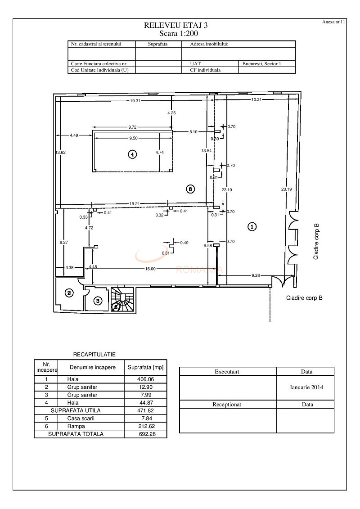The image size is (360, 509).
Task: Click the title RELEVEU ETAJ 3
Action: pos(179,26)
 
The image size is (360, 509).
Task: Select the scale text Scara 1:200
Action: pos(179,33)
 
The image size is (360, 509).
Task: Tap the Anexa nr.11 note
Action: pos(333,21)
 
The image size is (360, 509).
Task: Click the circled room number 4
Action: pos(132,154)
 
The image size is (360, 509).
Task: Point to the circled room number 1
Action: pos(252,227)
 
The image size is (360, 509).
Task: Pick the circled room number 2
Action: pos(69,293)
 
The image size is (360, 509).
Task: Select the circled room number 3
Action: pos(98,300)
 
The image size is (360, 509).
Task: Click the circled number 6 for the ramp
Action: pos(190,189)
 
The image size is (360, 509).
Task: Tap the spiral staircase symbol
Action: pos(122,300)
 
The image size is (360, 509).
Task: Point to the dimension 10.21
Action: pos(256,99)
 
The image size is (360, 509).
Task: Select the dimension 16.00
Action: pos(150,269)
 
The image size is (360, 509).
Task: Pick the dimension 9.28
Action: pos(256,275)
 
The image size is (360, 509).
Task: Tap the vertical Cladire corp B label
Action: pos(316,241)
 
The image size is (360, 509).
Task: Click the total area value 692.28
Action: pos(145,434)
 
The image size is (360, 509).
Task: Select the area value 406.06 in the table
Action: pos(145,379)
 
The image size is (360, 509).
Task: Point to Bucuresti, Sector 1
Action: pos(261,64)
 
